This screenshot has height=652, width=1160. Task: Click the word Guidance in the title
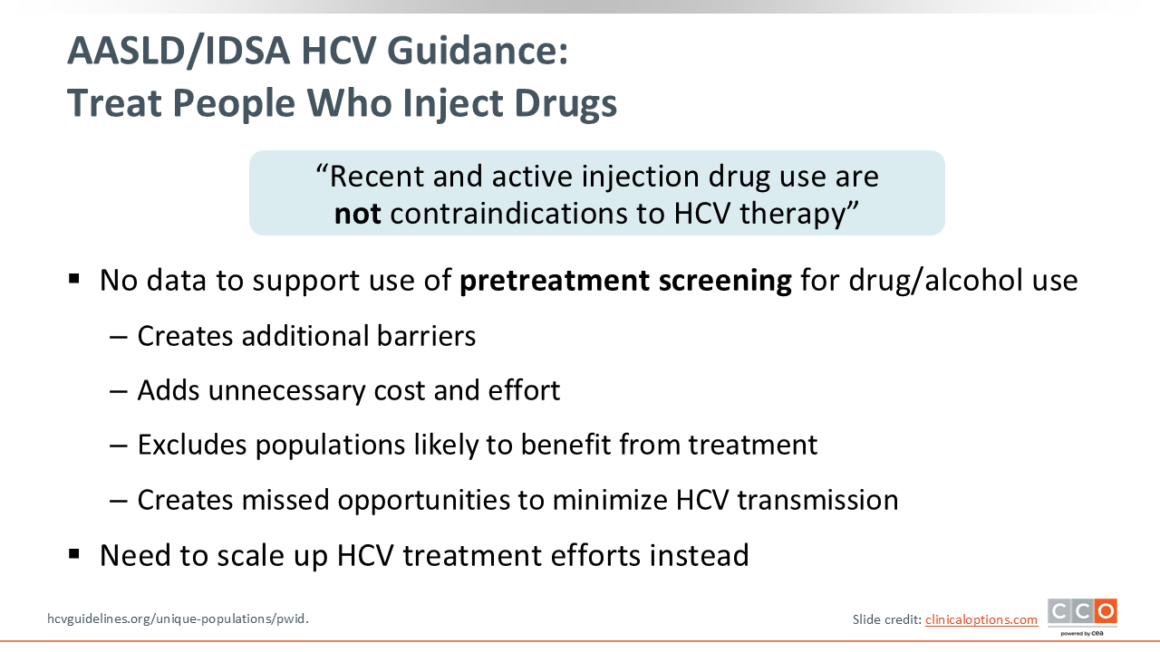click(477, 51)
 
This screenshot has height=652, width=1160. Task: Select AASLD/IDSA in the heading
click(179, 52)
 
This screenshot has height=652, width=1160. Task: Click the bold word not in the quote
click(358, 213)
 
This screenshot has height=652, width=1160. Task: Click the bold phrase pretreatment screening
click(625, 281)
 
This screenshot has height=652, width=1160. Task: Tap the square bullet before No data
click(74, 279)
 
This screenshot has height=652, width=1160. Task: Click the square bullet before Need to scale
click(74, 554)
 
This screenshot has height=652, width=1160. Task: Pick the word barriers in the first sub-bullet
click(426, 336)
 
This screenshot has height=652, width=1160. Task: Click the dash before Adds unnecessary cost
click(119, 391)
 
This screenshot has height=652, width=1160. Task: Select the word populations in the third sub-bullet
click(330, 445)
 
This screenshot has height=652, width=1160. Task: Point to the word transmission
click(817, 500)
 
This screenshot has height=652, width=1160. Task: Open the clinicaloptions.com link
click(981, 619)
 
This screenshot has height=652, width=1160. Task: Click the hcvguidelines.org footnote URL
click(179, 618)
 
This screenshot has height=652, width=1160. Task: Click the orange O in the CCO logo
click(1107, 611)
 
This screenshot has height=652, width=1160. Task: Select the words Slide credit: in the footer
click(887, 619)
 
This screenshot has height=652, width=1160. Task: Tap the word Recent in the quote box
click(377, 177)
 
